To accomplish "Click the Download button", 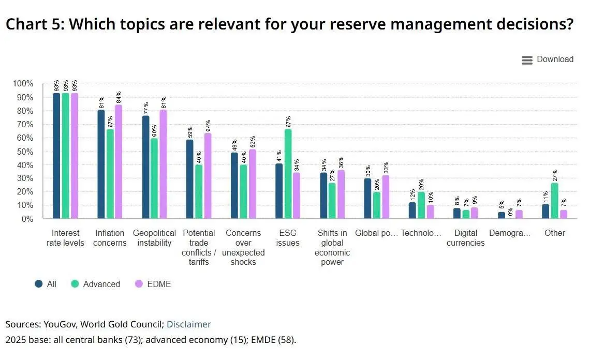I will (x=548, y=59).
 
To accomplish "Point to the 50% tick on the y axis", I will (x=23, y=152).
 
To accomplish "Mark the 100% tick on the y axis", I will (x=23, y=84).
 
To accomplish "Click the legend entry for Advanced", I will (x=96, y=284).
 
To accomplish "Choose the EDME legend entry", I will (x=153, y=284).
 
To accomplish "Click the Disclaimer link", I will (x=188, y=324).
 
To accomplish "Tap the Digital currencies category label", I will (x=465, y=238).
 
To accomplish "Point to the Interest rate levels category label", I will (x=65, y=238).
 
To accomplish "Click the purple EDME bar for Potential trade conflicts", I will (x=208, y=176).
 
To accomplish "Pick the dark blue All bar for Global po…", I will (x=367, y=199).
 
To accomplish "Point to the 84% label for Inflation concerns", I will (x=119, y=97).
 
